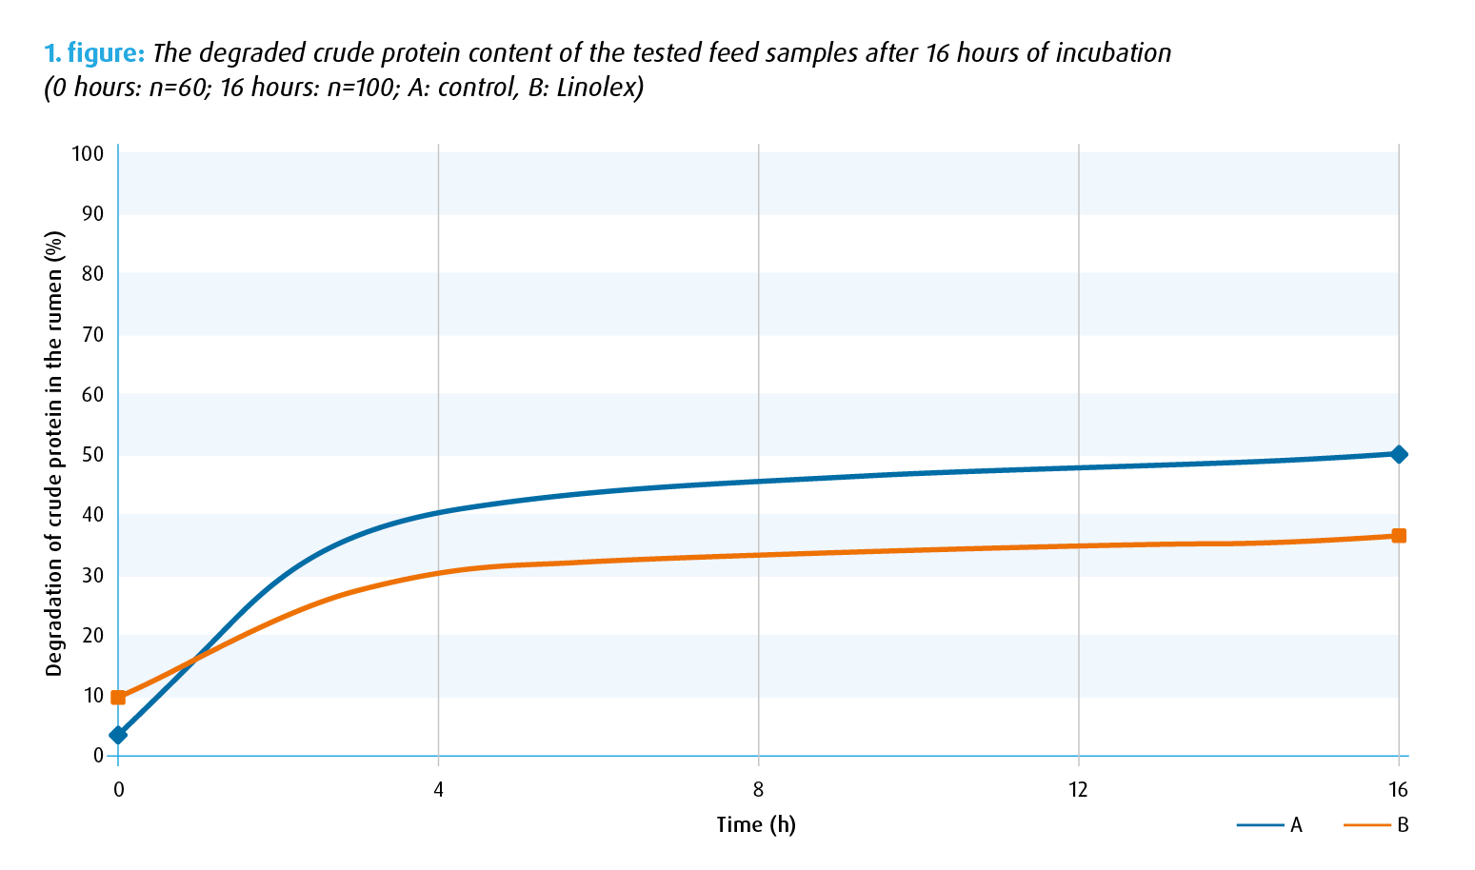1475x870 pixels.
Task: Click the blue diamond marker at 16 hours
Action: (x=1398, y=454)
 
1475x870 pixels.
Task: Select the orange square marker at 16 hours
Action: (x=1398, y=536)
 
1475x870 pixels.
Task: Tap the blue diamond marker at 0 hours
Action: (x=118, y=735)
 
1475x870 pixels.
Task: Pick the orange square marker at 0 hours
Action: (x=118, y=698)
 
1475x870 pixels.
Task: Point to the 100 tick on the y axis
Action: (x=88, y=153)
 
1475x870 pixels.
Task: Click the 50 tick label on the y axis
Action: (x=92, y=454)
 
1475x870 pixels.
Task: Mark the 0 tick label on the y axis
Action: (x=98, y=756)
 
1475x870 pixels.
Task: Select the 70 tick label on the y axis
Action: (x=92, y=334)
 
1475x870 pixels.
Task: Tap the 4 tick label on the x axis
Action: (x=438, y=790)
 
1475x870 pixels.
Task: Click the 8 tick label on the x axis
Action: (x=758, y=790)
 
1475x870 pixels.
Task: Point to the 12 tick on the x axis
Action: (x=1078, y=790)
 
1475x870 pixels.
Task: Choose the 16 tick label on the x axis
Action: (x=1398, y=790)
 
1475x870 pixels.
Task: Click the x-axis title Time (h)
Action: (x=756, y=824)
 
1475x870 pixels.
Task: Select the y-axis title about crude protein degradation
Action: (x=54, y=454)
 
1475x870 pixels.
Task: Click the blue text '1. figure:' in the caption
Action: (x=94, y=53)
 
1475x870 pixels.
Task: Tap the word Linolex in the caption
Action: (x=596, y=89)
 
